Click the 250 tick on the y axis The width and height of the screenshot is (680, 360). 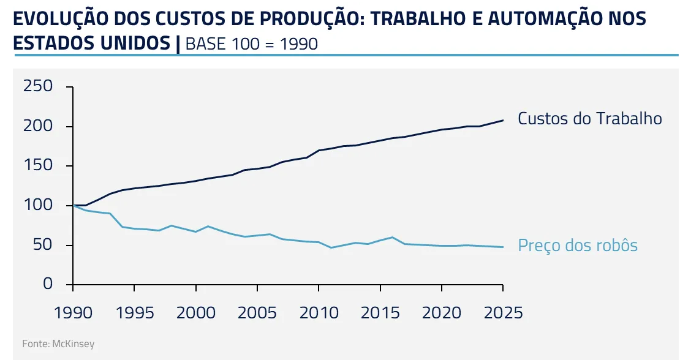(39, 86)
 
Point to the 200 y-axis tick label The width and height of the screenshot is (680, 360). (39, 126)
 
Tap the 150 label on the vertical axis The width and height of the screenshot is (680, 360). (39, 166)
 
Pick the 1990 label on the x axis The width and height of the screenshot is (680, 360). (73, 313)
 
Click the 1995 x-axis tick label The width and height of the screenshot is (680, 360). (134, 313)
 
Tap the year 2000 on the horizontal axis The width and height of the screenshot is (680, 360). (195, 313)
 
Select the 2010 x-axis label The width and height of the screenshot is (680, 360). (319, 313)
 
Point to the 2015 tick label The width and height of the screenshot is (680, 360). (380, 313)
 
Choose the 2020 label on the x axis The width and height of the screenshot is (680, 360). (441, 313)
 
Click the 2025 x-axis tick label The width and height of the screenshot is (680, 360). (502, 313)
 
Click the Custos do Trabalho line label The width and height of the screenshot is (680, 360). (589, 118)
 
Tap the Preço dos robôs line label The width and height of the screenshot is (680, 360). (578, 246)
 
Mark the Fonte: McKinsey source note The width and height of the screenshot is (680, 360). (58, 343)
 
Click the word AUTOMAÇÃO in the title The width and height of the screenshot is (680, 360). (545, 19)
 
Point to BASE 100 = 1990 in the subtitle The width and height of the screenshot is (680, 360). (251, 44)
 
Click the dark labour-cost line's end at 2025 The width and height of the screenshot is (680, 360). (503, 120)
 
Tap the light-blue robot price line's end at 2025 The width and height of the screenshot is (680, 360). (503, 247)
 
